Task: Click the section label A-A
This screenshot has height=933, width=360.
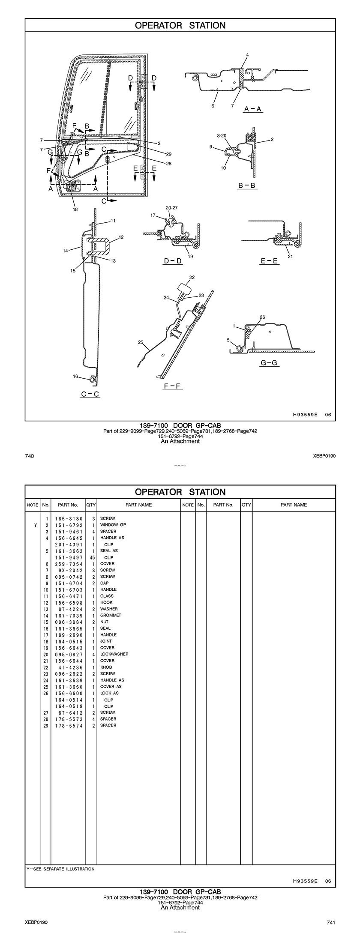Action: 253,109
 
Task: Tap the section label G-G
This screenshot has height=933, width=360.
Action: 269,363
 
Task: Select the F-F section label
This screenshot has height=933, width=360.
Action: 173,386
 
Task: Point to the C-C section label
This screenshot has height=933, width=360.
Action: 90,394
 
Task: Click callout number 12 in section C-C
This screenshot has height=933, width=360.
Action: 121,237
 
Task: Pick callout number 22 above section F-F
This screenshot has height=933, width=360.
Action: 192,278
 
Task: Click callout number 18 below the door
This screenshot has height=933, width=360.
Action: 75,209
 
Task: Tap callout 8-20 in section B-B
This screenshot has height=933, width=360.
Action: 222,135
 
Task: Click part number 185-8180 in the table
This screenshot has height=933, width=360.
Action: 69,519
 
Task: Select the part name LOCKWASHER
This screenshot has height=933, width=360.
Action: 114,654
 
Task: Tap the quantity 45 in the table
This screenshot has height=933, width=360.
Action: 92,558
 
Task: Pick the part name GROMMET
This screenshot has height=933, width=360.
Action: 111,615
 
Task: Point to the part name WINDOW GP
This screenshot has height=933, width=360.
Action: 113,525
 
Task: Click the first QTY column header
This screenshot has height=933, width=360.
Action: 91,505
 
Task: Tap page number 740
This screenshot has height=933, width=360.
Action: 30,456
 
